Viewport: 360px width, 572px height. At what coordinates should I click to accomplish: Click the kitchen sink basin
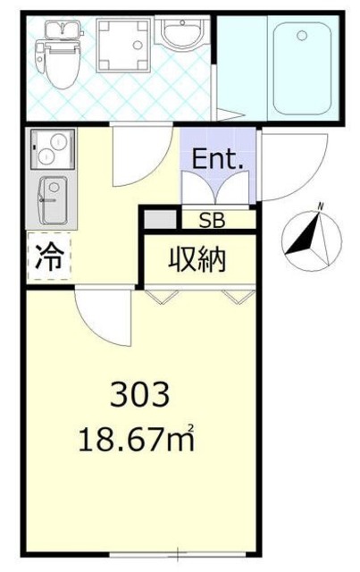tap(51, 199)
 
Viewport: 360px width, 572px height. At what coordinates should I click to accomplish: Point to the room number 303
tap(138, 393)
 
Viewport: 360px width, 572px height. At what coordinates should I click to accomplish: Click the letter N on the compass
tap(319, 209)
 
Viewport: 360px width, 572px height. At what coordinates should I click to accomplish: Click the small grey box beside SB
tap(159, 218)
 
